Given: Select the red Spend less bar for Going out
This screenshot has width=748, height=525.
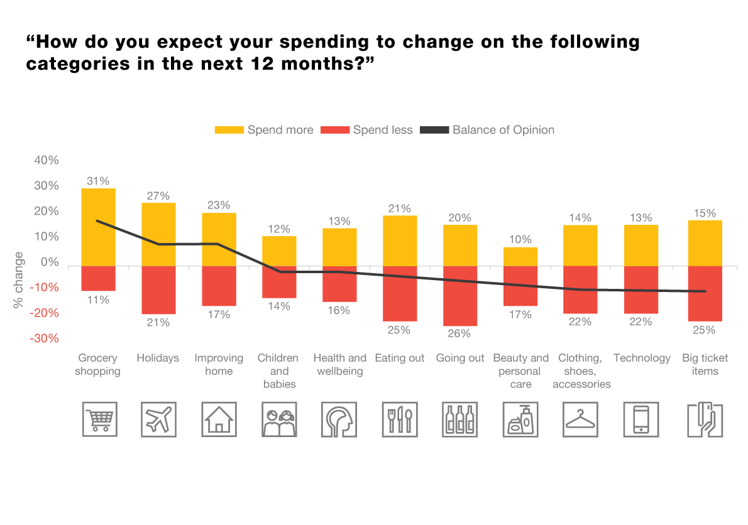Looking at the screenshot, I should point(460,296).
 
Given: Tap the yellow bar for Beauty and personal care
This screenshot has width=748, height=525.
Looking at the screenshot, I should point(520,256).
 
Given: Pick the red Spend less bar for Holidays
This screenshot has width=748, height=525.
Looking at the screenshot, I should point(158,290).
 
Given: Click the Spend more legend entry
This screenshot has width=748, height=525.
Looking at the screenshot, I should point(264,130).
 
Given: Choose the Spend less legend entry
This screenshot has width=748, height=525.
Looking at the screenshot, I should point(367,130).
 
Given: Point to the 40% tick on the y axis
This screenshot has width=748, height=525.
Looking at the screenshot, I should point(46,160).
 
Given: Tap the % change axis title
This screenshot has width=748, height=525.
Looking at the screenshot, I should point(19,280).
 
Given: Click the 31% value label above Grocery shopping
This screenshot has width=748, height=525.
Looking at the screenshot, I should point(98,180).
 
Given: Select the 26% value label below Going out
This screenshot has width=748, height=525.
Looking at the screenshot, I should point(460,333).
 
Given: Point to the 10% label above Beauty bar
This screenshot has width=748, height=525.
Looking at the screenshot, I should point(520,239).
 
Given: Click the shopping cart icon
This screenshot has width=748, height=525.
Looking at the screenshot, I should point(99,419).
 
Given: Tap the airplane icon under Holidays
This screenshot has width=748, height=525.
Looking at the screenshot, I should point(158,419).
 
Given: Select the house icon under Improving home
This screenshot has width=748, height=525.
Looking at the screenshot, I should point(219,419).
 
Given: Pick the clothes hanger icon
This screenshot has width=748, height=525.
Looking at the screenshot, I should point(581,419).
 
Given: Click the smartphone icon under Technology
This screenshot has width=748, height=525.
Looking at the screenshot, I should point(641,419).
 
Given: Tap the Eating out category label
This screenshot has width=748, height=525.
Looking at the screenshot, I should point(400,358).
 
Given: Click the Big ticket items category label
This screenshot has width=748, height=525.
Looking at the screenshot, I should point(705,364).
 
